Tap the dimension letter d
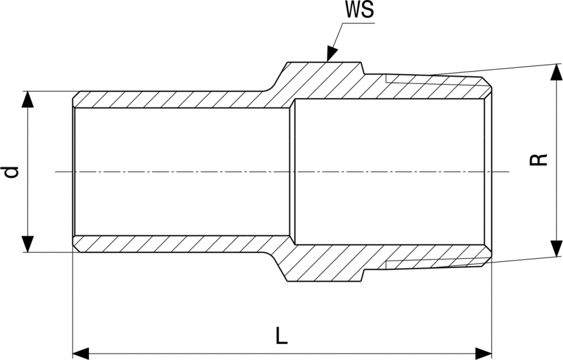(x=12, y=171)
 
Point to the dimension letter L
(x=282, y=336)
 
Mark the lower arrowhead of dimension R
(x=556, y=248)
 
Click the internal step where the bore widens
(x=292, y=171)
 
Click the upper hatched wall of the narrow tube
(x=169, y=99)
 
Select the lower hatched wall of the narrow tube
(x=169, y=243)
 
